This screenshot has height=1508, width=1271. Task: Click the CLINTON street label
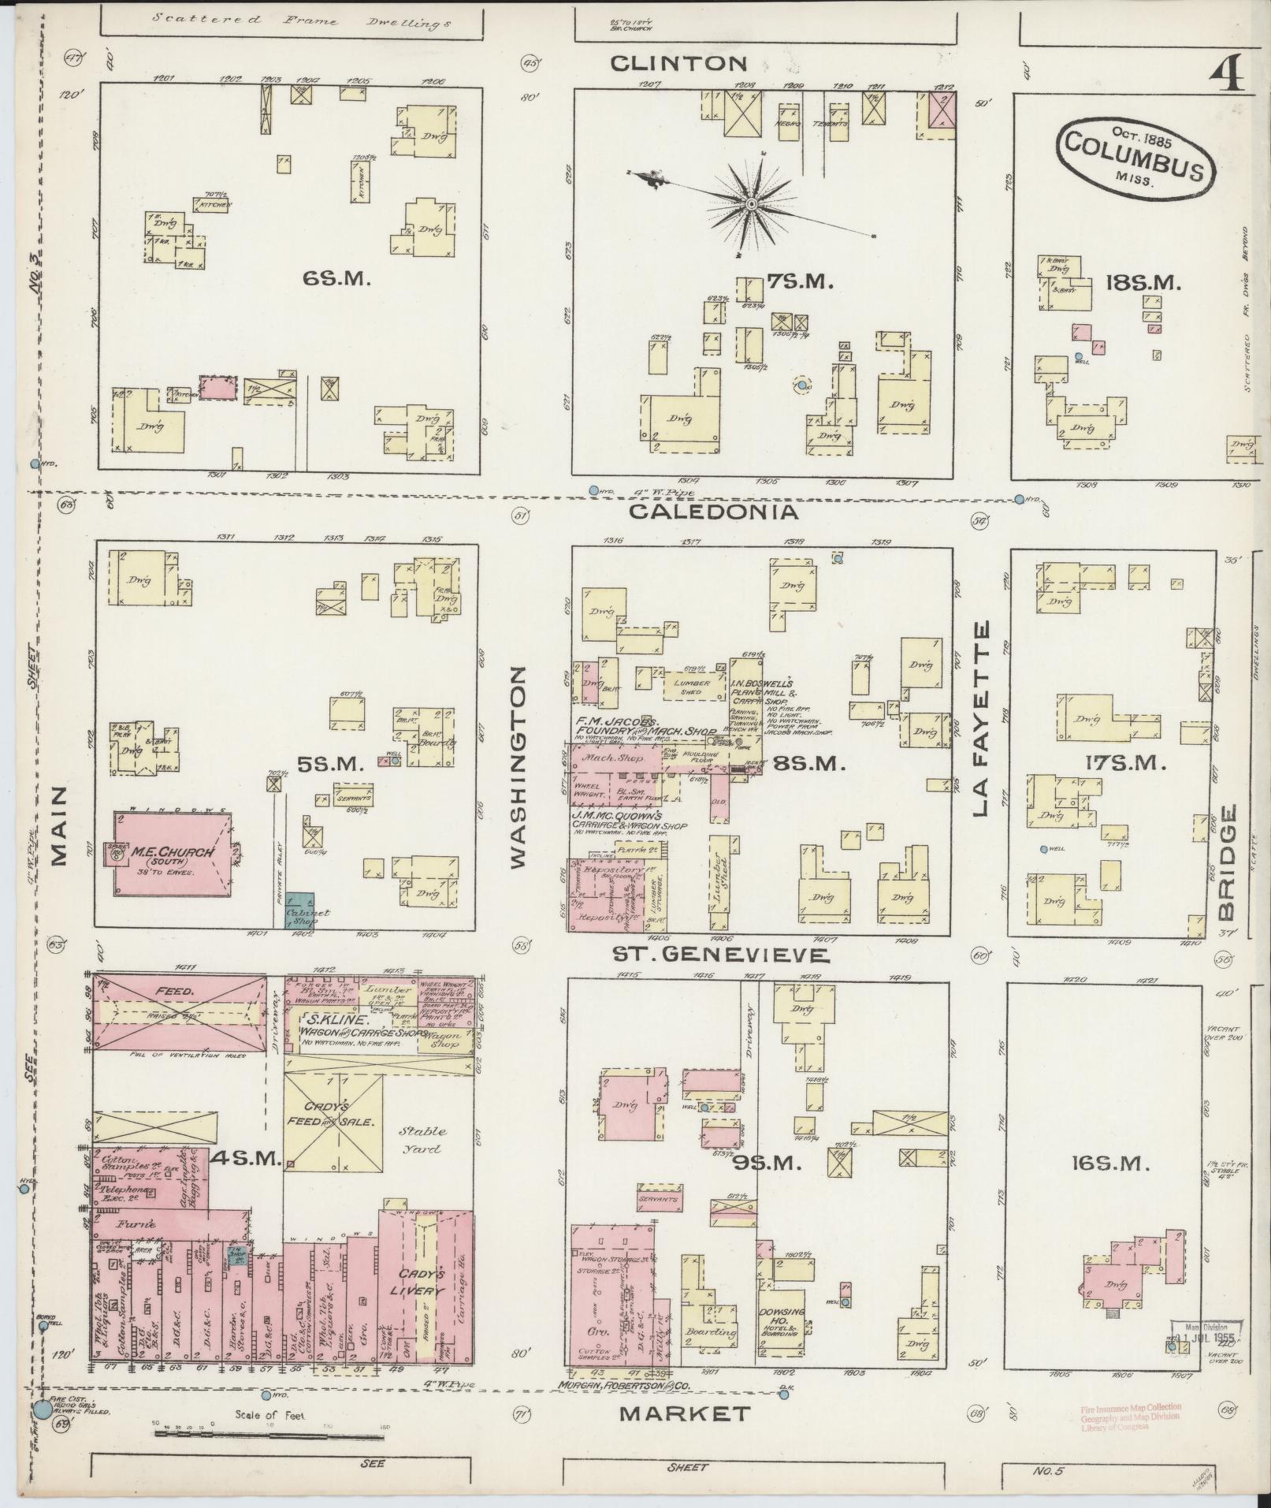pyautogui.click(x=689, y=63)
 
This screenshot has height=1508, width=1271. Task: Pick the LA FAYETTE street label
pyautogui.click(x=980, y=719)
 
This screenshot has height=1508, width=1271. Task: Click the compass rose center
pyautogui.click(x=751, y=203)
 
